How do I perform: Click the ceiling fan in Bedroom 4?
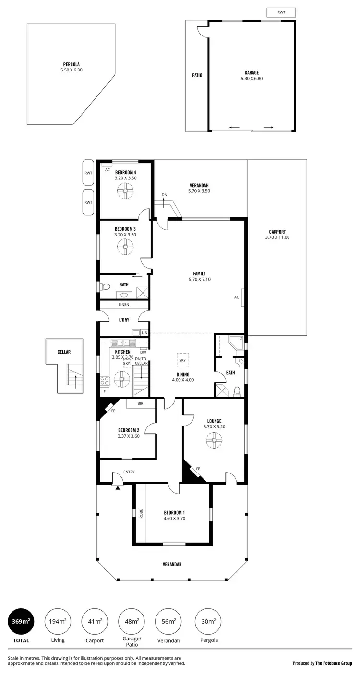click(x=125, y=192)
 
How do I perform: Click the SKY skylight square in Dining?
click(x=182, y=360)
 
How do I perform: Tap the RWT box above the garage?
click(x=281, y=12)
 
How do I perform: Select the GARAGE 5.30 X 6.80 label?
click(x=252, y=75)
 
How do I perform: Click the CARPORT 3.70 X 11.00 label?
click(x=277, y=234)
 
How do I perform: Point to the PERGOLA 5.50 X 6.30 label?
click(x=71, y=67)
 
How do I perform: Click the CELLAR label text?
click(x=64, y=352)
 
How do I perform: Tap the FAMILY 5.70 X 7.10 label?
click(x=199, y=276)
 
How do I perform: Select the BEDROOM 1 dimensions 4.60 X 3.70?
click(x=175, y=518)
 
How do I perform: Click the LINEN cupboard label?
click(x=124, y=305)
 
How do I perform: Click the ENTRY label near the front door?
click(x=129, y=472)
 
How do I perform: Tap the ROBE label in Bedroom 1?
click(x=141, y=513)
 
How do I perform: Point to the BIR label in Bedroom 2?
click(x=140, y=404)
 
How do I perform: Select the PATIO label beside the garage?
click(x=197, y=75)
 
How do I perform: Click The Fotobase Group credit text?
click(x=333, y=663)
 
